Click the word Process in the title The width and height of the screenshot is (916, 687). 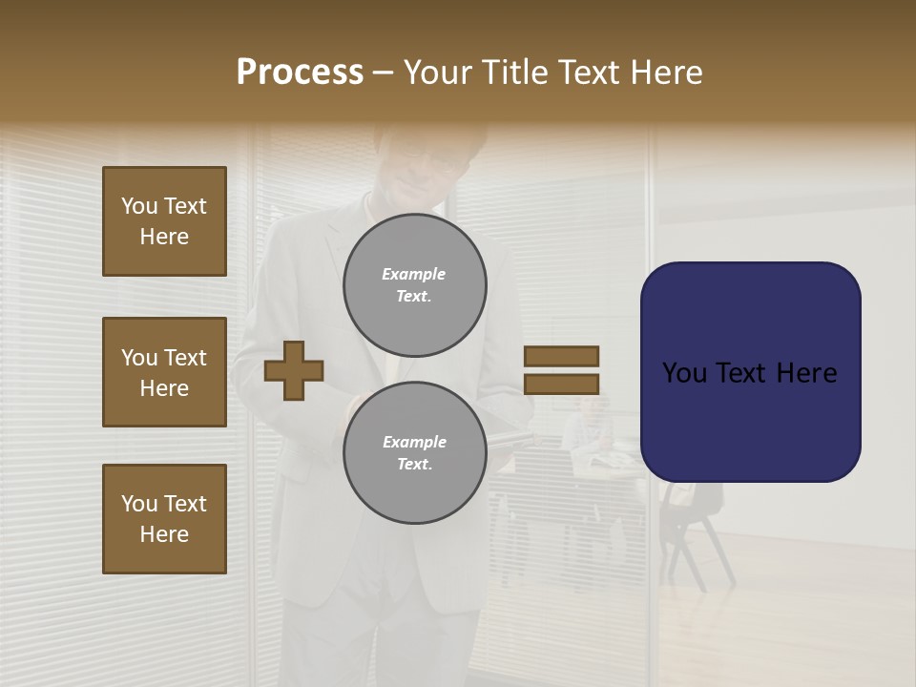tap(300, 73)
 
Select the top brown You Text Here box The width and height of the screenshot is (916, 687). tap(164, 221)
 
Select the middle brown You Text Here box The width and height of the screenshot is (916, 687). tap(164, 372)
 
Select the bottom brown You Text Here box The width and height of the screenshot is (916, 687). tap(164, 519)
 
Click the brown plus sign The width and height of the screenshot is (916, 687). tap(294, 370)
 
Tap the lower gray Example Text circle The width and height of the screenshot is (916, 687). tap(414, 453)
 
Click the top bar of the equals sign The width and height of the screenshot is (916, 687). tap(561, 357)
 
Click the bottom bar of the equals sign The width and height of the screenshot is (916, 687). tap(561, 384)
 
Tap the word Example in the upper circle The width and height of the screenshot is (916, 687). tap(414, 274)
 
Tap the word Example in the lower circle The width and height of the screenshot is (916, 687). tap(414, 442)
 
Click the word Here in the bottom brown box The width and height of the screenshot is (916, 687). tap(164, 534)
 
